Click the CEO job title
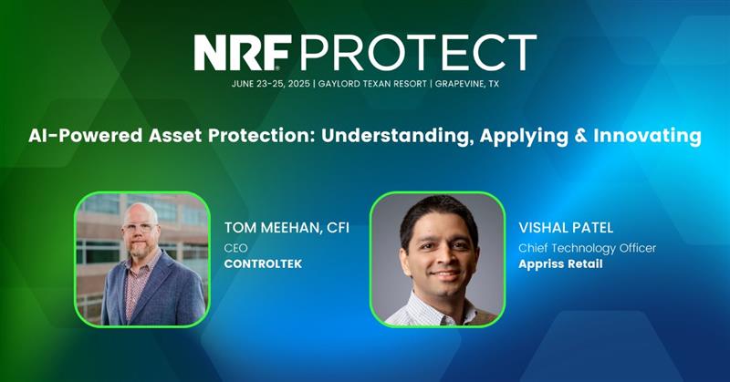(235, 247)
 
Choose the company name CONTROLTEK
(263, 264)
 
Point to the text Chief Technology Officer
(587, 247)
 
